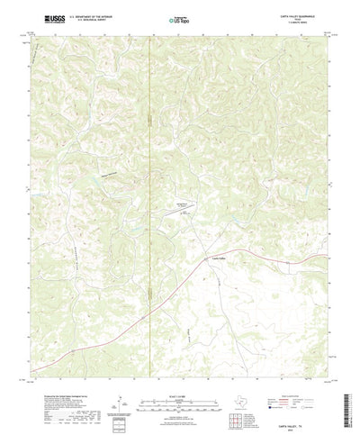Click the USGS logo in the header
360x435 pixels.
(44, 17)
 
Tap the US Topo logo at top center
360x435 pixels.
(179, 17)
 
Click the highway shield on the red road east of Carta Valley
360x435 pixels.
(260, 254)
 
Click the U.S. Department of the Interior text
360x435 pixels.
(77, 15)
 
